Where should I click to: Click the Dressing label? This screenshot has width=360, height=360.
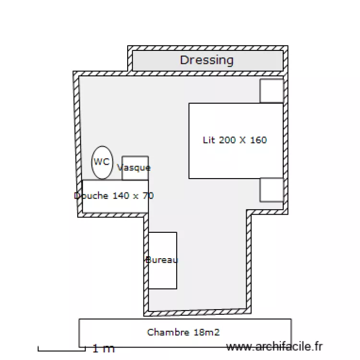pos(207,60)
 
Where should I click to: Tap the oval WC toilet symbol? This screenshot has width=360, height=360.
pos(102,162)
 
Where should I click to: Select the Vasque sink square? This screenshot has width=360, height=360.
pos(135,168)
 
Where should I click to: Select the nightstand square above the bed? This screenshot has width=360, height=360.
pos(272,91)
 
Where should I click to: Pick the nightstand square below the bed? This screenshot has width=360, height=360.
pos(272,190)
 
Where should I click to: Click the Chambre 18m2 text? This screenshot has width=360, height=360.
pos(183,332)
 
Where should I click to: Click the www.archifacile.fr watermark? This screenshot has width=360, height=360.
pos(275,346)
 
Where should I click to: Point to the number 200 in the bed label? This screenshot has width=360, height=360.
pos(228,140)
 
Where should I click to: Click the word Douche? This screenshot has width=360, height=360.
pos(92,196)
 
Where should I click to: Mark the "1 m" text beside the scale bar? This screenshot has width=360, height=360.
pos(104,348)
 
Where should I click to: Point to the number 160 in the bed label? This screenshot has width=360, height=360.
pos(258,140)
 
